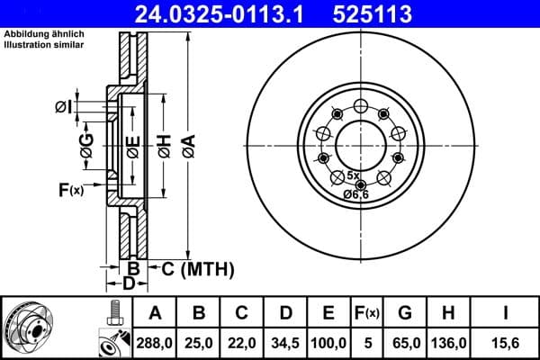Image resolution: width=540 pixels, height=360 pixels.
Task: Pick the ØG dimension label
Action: [86, 149]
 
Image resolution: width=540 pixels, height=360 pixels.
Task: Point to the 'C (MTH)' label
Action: [197, 267]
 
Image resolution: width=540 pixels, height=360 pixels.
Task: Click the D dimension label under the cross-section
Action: [129, 284]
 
